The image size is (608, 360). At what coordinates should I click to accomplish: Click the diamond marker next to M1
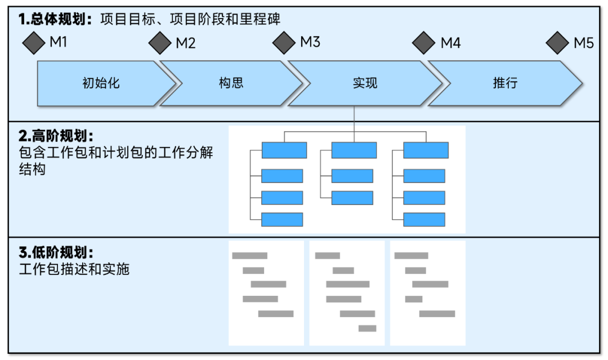tap(34, 43)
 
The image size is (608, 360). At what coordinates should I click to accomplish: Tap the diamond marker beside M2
tap(160, 43)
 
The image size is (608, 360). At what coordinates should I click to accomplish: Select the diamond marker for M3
tap(284, 42)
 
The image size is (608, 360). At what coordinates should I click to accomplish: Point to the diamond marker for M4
tap(424, 43)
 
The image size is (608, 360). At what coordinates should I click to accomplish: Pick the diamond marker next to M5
tap(558, 43)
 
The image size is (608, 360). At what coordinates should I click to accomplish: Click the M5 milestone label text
tap(583, 43)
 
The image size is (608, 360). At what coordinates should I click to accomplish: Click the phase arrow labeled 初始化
tap(101, 83)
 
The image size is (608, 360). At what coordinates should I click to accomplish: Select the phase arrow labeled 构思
tap(231, 83)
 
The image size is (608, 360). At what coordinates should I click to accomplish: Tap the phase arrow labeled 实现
tap(365, 83)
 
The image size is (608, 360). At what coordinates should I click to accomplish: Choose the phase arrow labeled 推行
tap(505, 83)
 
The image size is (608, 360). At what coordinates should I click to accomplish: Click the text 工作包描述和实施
tap(74, 269)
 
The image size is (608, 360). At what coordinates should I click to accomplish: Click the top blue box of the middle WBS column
tap(354, 150)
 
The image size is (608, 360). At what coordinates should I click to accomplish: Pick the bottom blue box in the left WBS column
tap(282, 220)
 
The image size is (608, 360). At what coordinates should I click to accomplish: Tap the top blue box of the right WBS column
tap(426, 150)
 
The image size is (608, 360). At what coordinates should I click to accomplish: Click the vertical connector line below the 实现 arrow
tap(354, 118)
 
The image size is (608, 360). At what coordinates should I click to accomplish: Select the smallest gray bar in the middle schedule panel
tap(367, 328)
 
